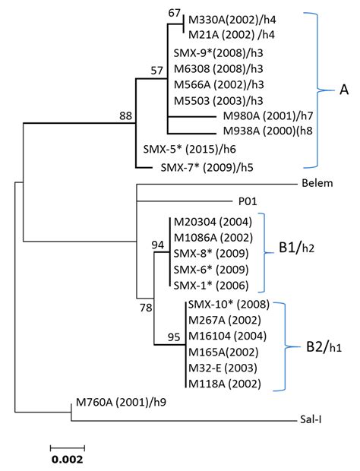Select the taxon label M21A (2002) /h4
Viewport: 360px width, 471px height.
(232, 35)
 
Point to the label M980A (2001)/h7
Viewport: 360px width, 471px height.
(263, 116)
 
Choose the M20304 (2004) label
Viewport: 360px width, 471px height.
(212, 223)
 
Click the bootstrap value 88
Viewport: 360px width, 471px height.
(125, 115)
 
